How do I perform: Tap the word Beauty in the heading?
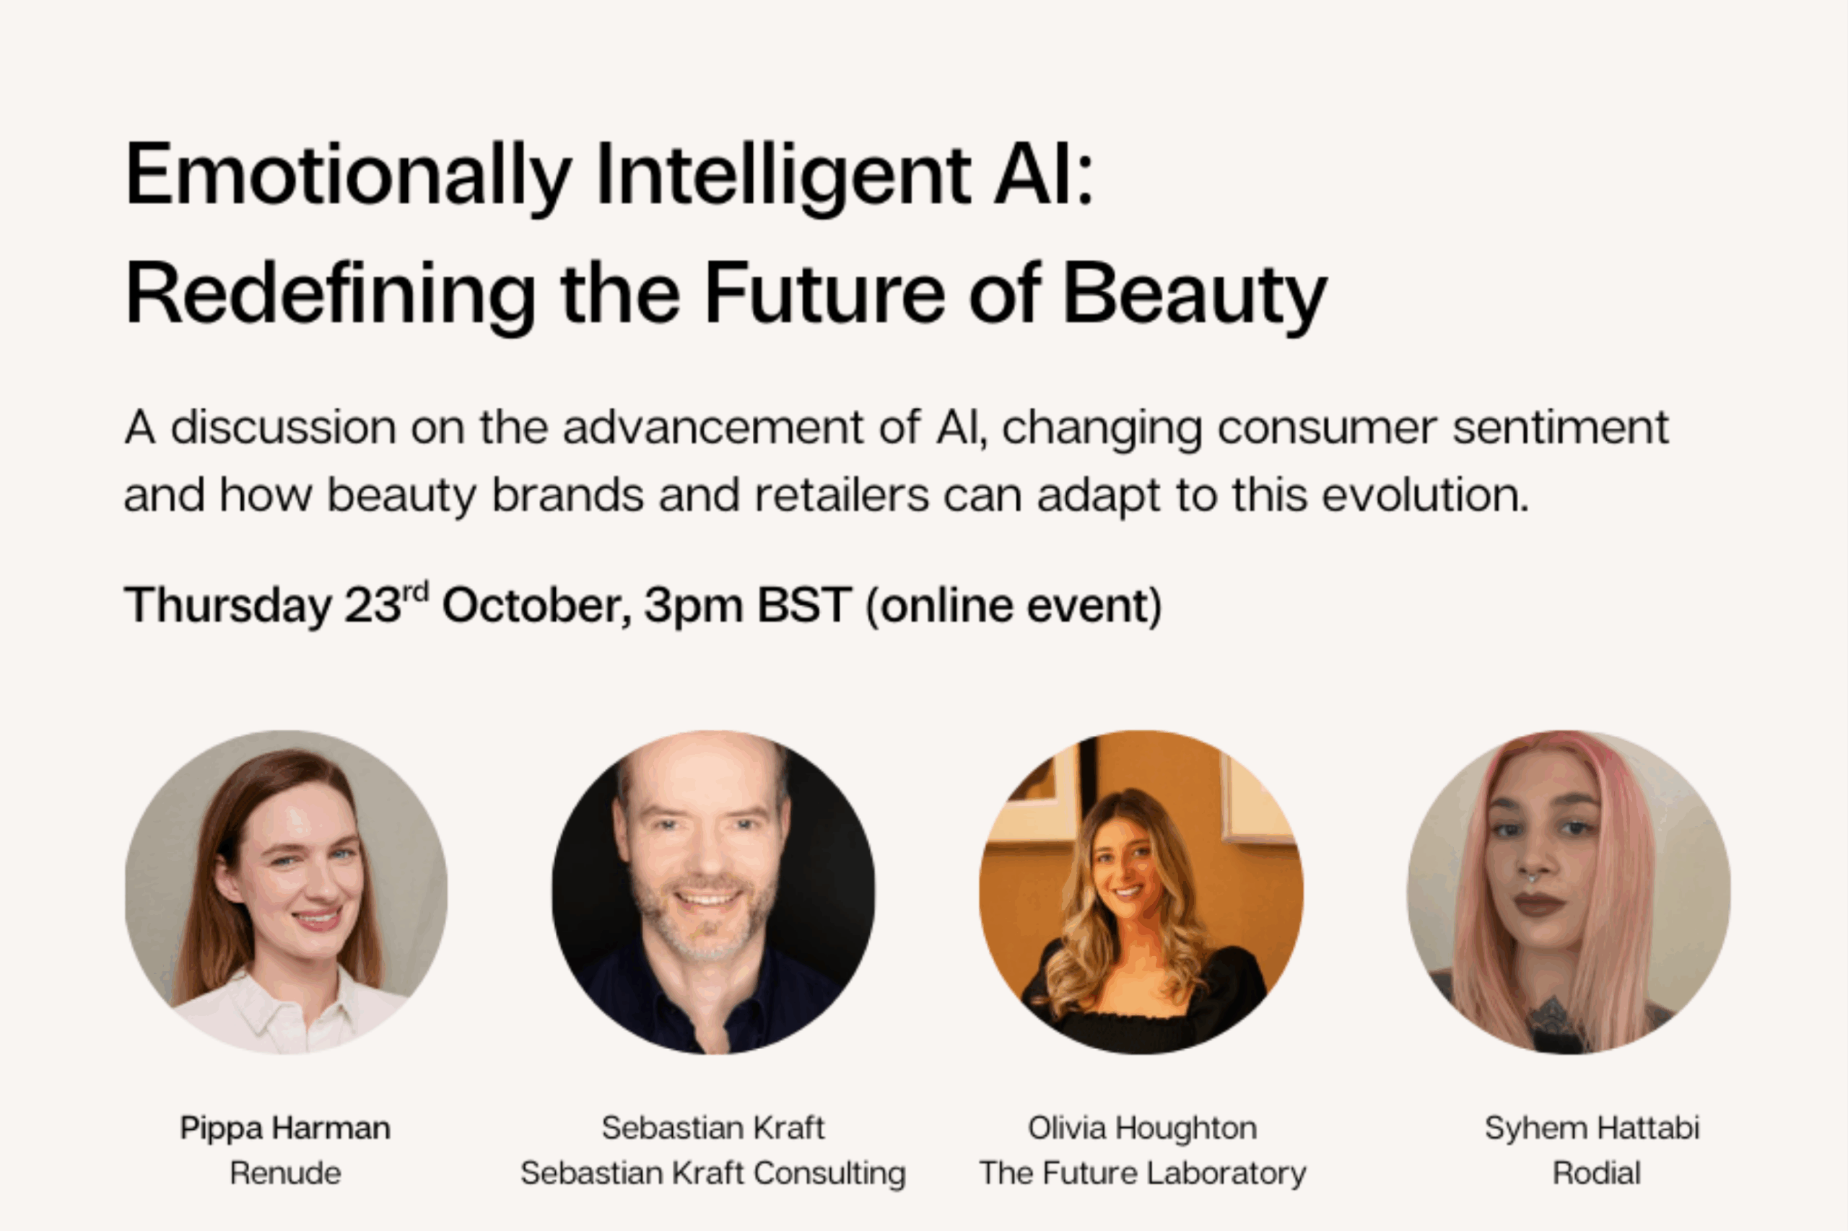point(1195,295)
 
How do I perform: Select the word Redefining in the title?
point(331,295)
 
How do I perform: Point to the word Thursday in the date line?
point(228,605)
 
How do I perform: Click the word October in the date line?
point(536,605)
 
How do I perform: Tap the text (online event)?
point(1013,606)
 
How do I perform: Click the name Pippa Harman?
point(285,1128)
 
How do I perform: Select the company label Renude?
point(285,1173)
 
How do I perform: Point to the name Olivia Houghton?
point(1142,1128)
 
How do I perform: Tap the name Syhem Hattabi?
point(1592,1128)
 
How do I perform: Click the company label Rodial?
point(1597,1173)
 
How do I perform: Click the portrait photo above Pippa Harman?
point(286,892)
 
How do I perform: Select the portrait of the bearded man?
point(713,892)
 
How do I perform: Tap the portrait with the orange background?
point(1141,892)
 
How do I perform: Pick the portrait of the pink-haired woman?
point(1569,892)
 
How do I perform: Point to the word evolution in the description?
point(1426,496)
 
